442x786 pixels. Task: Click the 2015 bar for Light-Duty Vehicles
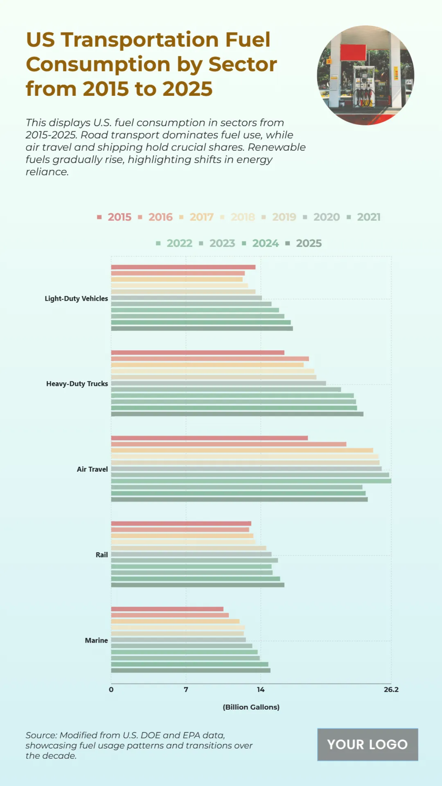click(183, 267)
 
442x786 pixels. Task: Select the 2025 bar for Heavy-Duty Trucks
click(237, 414)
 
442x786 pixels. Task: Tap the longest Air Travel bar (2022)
click(251, 481)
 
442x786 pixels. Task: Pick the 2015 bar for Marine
click(167, 609)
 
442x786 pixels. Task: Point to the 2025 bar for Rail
click(197, 585)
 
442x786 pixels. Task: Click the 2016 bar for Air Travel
click(228, 444)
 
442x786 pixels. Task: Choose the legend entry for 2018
click(242, 217)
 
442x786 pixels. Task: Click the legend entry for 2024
click(265, 244)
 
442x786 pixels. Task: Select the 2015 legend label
click(119, 217)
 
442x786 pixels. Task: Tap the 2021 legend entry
click(368, 217)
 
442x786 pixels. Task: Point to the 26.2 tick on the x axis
click(391, 690)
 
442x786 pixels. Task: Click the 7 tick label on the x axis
click(186, 690)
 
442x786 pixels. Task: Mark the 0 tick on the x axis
click(111, 690)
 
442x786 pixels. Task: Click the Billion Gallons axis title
click(251, 707)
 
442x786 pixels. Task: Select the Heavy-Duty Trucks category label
click(77, 384)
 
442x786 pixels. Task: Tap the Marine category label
click(96, 640)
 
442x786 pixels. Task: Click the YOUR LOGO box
click(367, 744)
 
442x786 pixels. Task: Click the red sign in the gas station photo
click(353, 52)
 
